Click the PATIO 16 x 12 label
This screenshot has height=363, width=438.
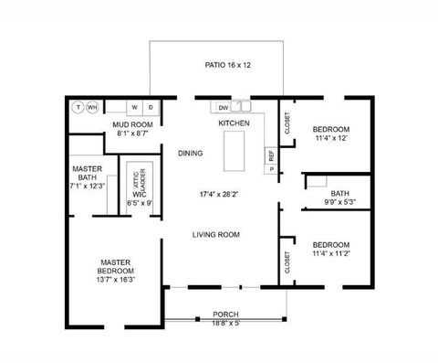tap(227, 65)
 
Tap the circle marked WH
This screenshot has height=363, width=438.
tap(92, 107)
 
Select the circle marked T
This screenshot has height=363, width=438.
tap(78, 107)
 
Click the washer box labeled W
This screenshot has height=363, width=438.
tap(133, 107)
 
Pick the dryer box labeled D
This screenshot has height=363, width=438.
tap(151, 107)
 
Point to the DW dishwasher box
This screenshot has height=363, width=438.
tap(223, 107)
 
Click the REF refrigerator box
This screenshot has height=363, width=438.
tap(270, 155)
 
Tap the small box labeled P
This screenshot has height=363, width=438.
tap(270, 169)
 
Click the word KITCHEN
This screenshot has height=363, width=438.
tap(234, 123)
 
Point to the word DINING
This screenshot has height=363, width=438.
tap(190, 153)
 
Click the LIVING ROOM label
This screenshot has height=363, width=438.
tap(215, 235)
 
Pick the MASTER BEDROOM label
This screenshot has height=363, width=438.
tap(117, 270)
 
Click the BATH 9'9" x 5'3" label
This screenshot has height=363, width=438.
tap(339, 198)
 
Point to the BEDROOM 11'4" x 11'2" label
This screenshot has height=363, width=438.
tap(329, 250)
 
